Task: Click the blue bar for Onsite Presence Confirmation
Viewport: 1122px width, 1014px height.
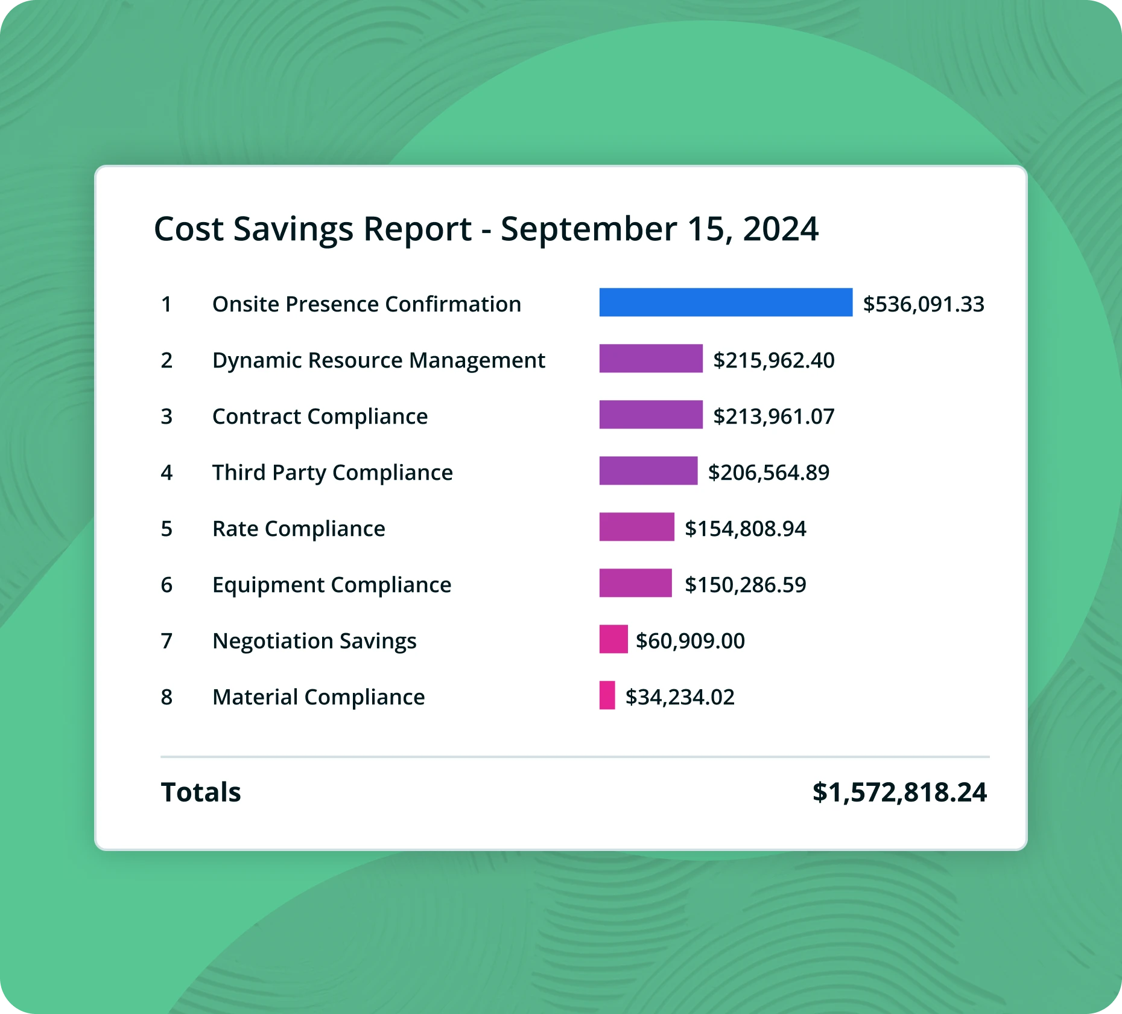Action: pos(726,302)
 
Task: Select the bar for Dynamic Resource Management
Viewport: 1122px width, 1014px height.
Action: pos(651,359)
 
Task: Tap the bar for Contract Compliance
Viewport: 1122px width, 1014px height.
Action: pos(651,415)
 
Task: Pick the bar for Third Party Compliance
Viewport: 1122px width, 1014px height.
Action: pos(648,471)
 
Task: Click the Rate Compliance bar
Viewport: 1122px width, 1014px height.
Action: pos(636,527)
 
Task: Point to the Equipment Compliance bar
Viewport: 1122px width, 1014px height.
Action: pos(635,583)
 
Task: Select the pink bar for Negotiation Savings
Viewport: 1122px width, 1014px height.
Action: pos(613,639)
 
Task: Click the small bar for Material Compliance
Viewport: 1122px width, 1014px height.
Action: pos(607,695)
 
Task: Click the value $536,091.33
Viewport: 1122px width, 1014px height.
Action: pos(924,304)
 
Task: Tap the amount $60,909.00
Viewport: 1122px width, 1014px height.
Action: pos(690,641)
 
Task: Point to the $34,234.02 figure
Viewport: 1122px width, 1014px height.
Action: pos(680,697)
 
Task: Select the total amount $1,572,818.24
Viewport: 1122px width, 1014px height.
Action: pos(899,792)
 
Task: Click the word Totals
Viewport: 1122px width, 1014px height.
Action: pos(201,792)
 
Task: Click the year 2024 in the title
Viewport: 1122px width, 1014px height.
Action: pos(781,229)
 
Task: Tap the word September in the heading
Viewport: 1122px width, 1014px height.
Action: pos(589,229)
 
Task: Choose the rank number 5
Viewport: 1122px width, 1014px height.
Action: pos(166,529)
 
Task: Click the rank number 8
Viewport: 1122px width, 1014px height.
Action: pos(166,697)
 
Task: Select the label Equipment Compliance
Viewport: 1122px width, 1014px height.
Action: pos(332,585)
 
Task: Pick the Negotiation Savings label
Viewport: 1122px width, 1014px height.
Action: pos(314,641)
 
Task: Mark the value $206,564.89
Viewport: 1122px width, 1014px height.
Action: pos(769,473)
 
